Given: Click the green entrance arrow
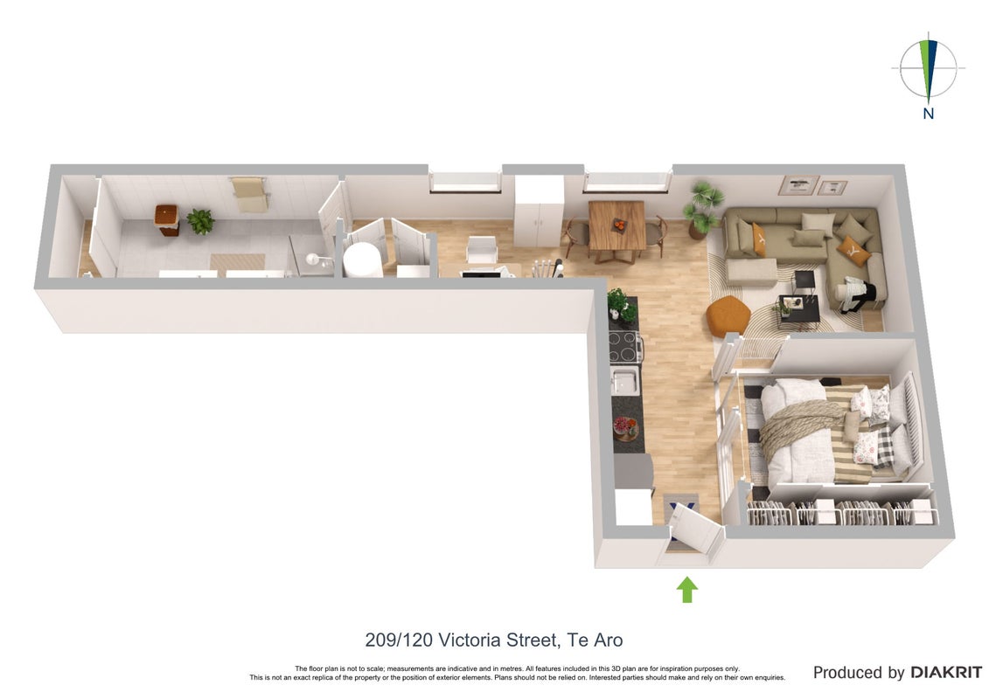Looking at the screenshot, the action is (x=686, y=590).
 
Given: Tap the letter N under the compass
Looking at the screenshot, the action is (x=929, y=114).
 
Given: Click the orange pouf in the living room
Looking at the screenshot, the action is (x=728, y=315).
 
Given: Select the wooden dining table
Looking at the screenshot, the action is (x=616, y=228).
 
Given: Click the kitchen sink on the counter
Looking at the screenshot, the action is (x=625, y=381).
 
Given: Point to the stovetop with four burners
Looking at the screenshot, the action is (x=624, y=346).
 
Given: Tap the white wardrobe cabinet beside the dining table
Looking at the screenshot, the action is (x=538, y=211).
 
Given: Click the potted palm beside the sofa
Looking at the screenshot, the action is (x=702, y=209).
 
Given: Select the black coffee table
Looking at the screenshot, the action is (x=798, y=311).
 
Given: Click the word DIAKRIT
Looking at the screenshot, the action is (x=946, y=673).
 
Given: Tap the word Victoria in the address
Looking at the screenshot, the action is (x=467, y=640).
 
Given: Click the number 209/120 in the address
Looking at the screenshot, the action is (x=399, y=640).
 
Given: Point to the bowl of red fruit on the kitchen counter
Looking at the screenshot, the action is (x=626, y=429).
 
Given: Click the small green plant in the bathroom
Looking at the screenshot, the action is (x=200, y=221).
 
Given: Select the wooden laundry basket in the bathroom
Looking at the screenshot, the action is (x=166, y=219).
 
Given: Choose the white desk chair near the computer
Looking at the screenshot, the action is (x=482, y=249).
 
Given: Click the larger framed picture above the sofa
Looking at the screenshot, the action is (x=798, y=185).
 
